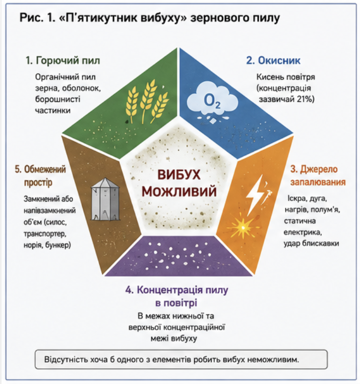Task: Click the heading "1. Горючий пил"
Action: tap(63, 60)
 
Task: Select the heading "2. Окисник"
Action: tap(273, 60)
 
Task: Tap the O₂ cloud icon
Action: tap(212, 101)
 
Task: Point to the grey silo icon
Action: tap(105, 200)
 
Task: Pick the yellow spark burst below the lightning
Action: tap(242, 227)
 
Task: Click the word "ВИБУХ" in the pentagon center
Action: tap(179, 175)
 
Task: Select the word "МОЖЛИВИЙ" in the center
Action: tap(179, 191)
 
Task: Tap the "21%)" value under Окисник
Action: tap(306, 99)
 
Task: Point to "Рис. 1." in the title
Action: tap(37, 18)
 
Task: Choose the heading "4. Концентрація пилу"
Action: tap(176, 290)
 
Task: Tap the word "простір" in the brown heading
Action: tap(38, 183)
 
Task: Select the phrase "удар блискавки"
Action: tap(311, 243)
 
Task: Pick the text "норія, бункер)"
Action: tap(47, 245)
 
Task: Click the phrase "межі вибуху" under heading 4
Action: tap(174, 339)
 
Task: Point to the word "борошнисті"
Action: tap(58, 99)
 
